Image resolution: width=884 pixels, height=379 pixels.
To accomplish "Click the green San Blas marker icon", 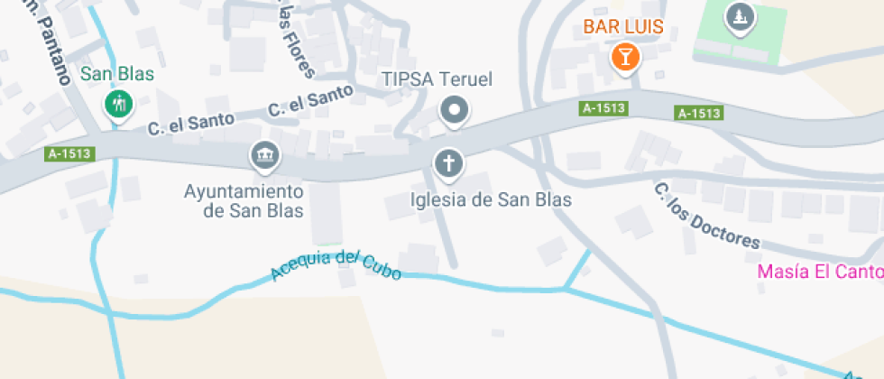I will pos(117,105).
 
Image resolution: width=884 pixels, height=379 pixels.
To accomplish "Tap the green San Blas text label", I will pos(117,74).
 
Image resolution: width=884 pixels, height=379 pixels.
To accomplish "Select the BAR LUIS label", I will pos(623,27).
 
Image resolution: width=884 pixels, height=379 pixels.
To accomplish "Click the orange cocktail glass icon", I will pos(624,58).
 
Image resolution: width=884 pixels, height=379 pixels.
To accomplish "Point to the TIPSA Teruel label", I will pos(437,79).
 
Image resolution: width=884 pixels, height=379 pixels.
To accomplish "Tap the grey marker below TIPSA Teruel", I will pos(455,111).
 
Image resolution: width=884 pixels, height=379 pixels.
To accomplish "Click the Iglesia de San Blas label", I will pos(491,199).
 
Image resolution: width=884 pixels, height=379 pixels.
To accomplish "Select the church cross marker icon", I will pos(448,163).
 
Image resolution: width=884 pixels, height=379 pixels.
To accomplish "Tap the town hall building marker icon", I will pos(264,157).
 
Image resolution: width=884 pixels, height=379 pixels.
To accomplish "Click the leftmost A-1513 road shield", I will pos(69,153).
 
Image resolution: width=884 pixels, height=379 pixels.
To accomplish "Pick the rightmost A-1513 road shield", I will pos(699,113).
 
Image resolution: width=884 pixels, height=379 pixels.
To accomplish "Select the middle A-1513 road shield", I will pos(603,108).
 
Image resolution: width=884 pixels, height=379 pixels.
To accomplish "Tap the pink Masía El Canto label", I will pos(819,271).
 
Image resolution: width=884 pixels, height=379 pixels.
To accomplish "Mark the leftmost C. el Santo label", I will pos(191,121).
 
